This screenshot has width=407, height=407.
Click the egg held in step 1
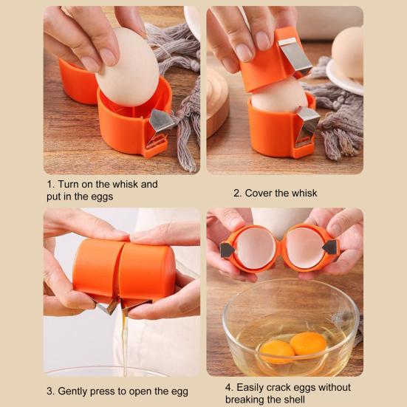coord(128,68)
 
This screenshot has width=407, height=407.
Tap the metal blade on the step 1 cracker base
coord(160,121)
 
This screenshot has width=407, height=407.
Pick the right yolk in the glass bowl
coord(308,343)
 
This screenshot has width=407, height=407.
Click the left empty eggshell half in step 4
coord(256,248)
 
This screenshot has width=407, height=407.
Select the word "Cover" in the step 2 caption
coord(259,193)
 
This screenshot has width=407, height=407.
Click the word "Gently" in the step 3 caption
coord(75,391)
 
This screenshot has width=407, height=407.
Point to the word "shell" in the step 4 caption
coord(293,399)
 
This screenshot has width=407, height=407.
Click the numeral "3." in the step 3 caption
coord(51,391)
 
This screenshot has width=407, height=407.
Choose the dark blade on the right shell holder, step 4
coord(330,247)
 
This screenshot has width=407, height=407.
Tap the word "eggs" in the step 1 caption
coord(101,196)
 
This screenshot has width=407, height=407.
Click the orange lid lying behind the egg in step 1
coord(77,83)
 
